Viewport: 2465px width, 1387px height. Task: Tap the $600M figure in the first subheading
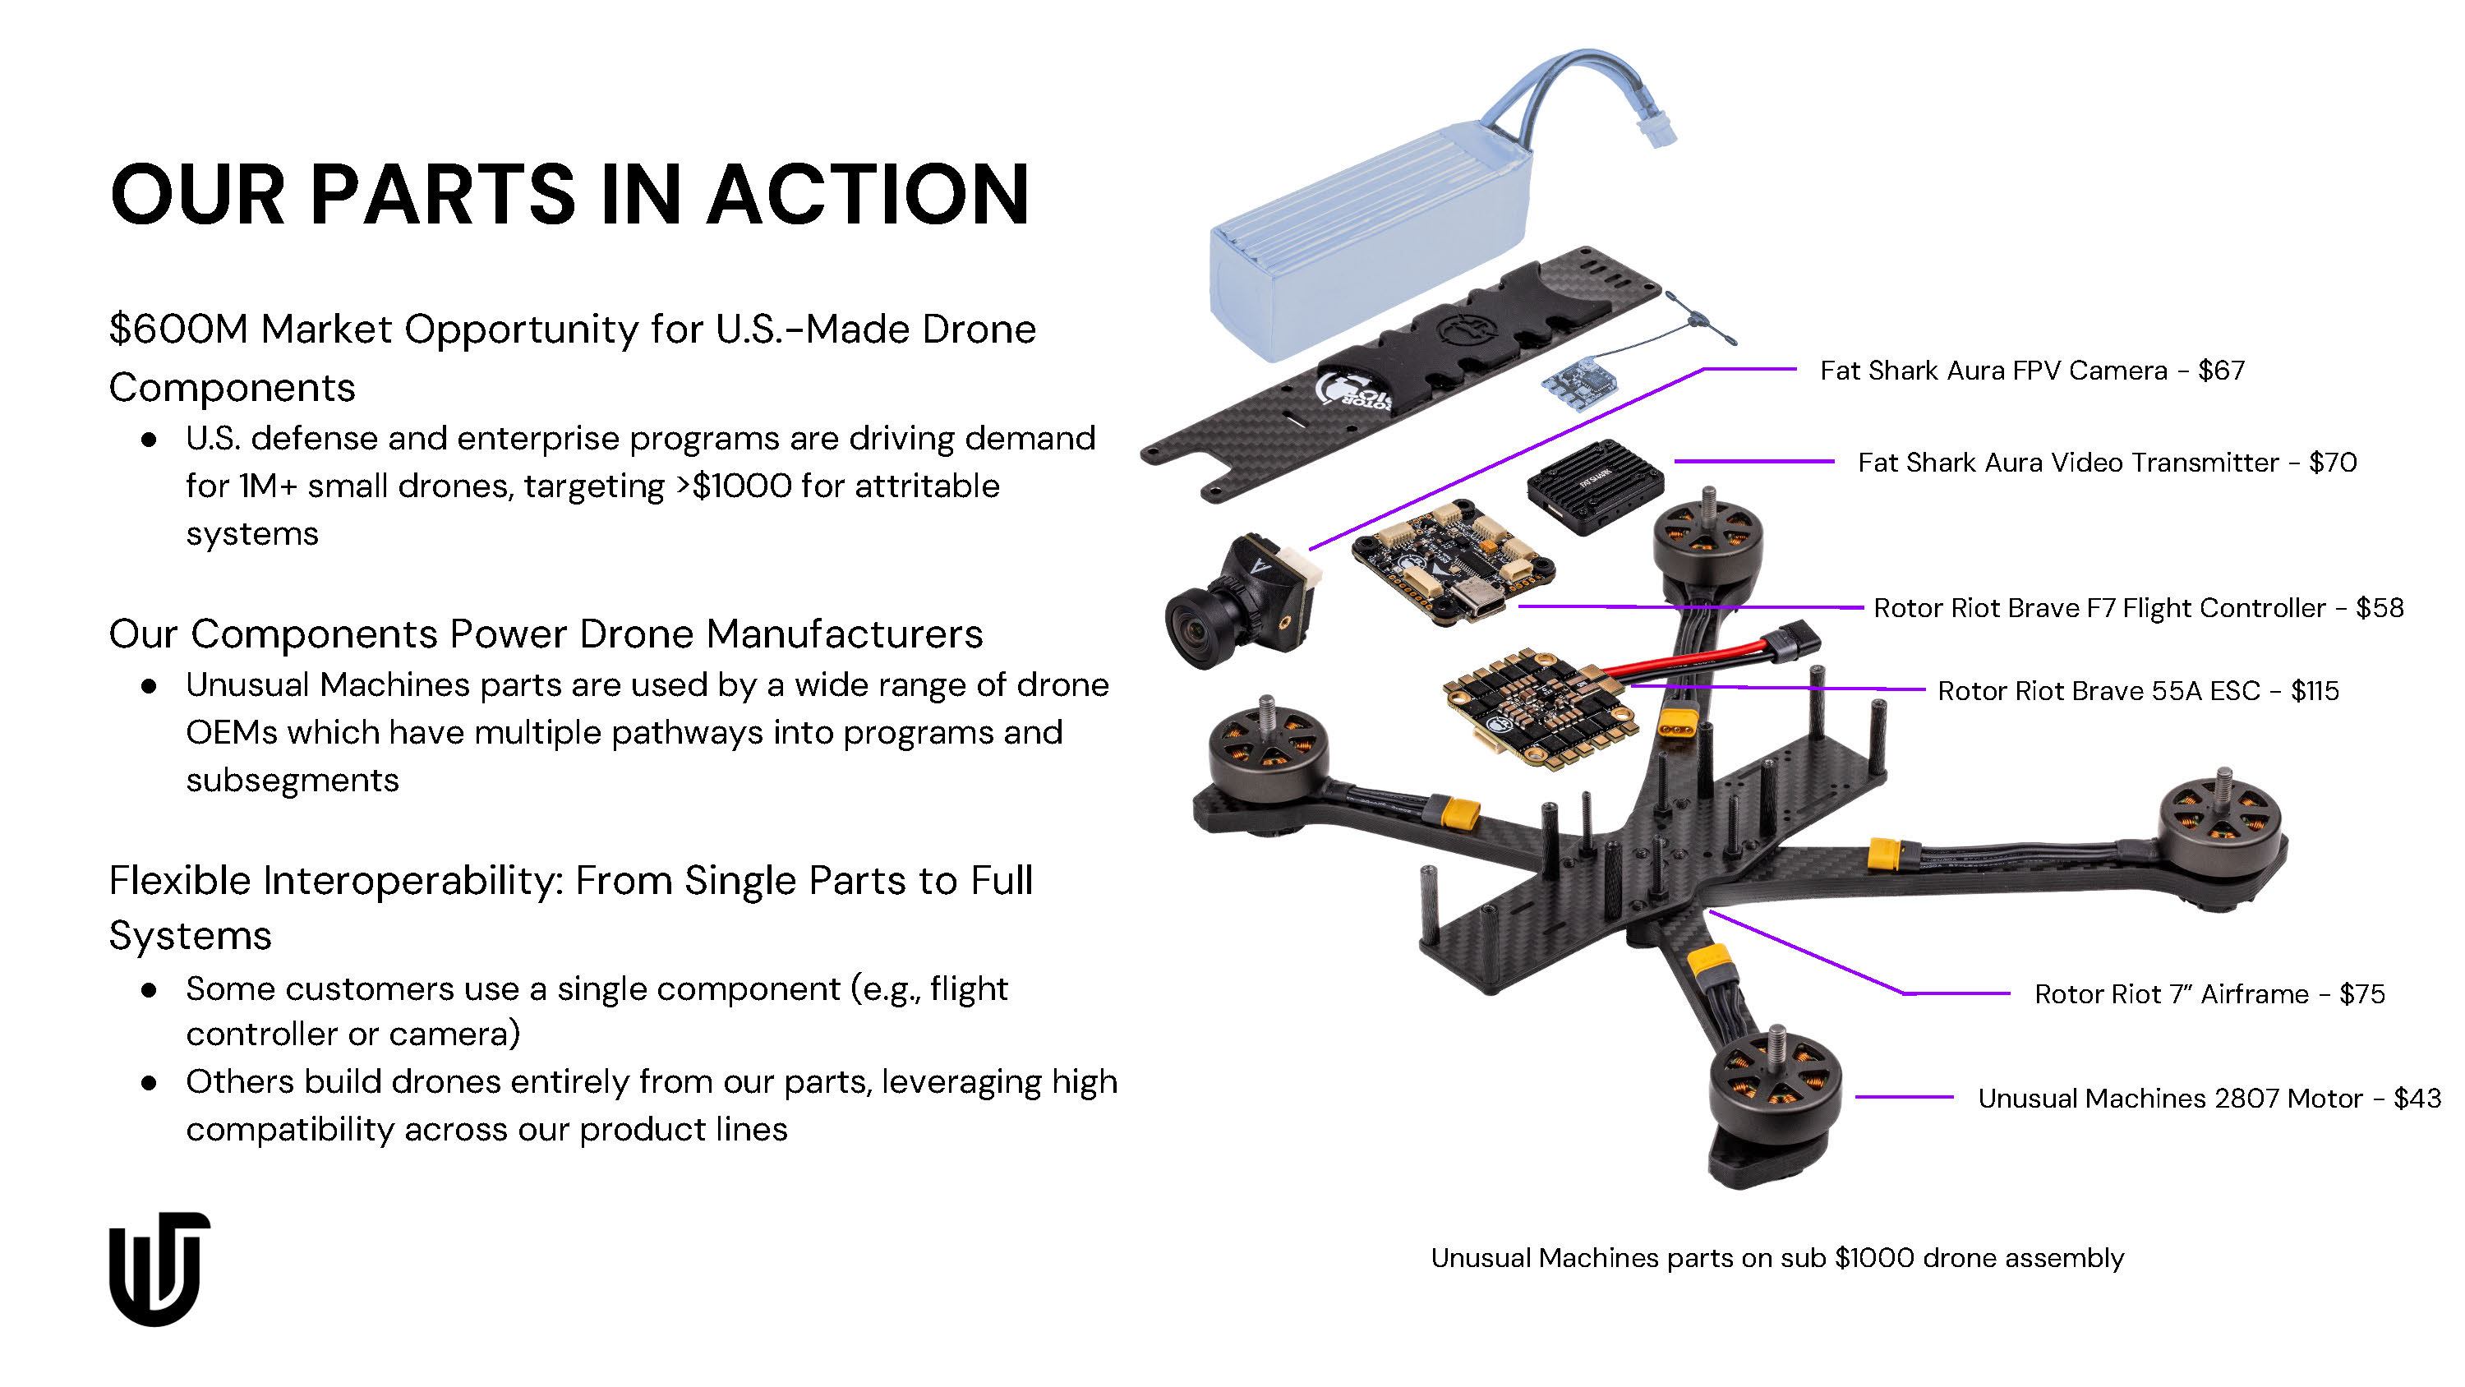click(179, 329)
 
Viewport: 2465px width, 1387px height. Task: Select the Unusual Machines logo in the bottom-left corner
click(159, 1269)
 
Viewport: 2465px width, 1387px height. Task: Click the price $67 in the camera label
click(2221, 371)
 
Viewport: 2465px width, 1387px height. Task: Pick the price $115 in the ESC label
click(2315, 690)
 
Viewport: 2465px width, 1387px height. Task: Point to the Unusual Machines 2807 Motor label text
click(2169, 1098)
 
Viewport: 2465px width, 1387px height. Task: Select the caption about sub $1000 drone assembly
click(1777, 1258)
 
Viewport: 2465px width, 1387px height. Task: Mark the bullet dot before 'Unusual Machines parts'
click(149, 685)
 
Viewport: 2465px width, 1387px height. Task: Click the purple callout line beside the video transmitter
click(1754, 462)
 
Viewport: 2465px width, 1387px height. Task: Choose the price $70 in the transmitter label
click(2333, 463)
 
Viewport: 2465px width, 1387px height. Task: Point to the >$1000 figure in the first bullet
click(734, 486)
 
